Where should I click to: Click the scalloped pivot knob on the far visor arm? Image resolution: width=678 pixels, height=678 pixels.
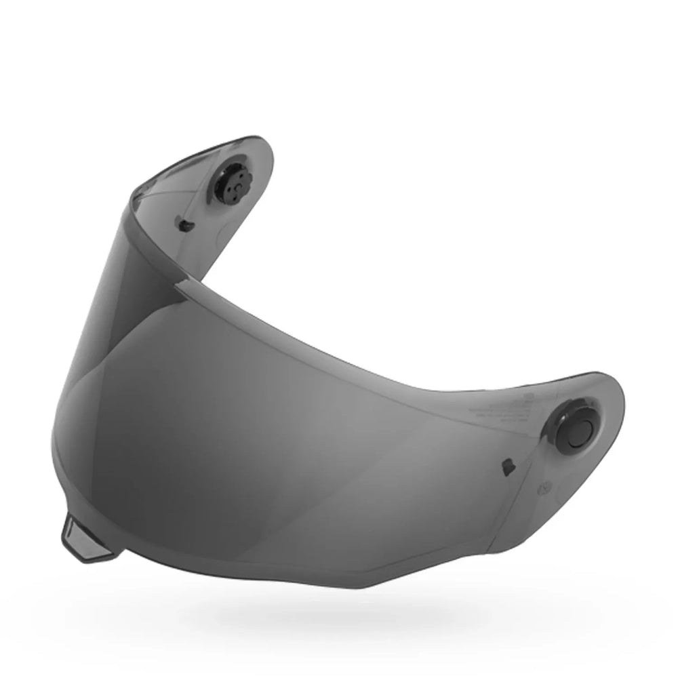click(x=233, y=182)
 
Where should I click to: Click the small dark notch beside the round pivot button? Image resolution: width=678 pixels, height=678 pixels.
click(x=506, y=466)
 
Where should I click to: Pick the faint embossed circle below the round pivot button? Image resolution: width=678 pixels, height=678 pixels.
click(x=544, y=487)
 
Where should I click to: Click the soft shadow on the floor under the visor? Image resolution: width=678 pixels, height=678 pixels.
click(x=339, y=610)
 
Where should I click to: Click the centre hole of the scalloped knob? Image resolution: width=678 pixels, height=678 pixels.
click(x=236, y=182)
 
